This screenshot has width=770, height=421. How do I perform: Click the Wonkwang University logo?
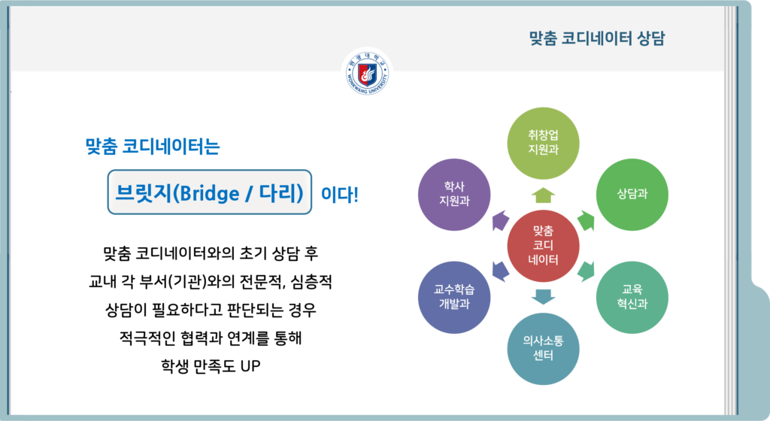point(367,73)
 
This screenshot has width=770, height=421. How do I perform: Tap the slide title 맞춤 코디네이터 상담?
point(596,38)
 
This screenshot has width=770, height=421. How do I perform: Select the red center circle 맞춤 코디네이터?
point(543,245)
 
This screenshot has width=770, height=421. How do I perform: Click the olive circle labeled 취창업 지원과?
point(543,143)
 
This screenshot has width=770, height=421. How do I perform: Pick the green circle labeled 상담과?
point(632,194)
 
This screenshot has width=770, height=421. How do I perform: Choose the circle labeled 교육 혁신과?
point(632,297)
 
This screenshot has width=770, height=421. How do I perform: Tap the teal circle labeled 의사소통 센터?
point(543,348)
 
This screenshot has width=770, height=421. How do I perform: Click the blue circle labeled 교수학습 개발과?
point(454,297)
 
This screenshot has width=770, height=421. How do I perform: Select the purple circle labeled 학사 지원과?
point(454,194)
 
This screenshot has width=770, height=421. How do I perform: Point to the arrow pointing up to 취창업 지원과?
point(543,195)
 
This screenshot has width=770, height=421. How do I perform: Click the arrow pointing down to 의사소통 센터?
point(543,296)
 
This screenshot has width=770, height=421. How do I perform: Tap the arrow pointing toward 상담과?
point(587,221)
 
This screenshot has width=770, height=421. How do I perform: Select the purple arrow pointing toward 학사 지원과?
point(500,220)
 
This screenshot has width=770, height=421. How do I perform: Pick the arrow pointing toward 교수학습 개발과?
point(500,271)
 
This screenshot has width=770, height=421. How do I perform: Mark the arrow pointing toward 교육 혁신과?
point(586,271)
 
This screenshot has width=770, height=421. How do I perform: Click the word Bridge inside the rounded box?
point(210,194)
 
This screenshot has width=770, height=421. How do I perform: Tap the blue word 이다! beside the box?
point(339,194)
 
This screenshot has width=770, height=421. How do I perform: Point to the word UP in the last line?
point(250,366)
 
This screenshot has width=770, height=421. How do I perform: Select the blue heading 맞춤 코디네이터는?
point(152,146)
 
